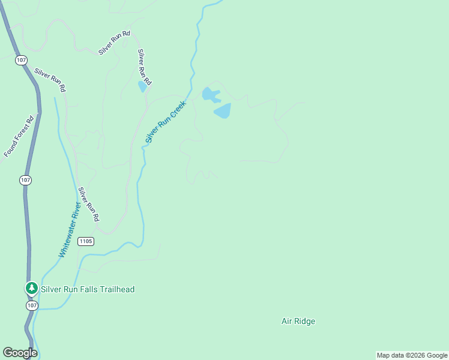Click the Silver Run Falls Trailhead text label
pyautogui.click(x=88, y=289)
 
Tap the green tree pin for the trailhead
pyautogui.click(x=31, y=289)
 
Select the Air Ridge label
pyautogui.click(x=298, y=321)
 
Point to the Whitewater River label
pyautogui.click(x=70, y=230)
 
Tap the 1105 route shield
pyautogui.click(x=86, y=241)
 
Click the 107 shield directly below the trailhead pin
pyautogui.click(x=32, y=305)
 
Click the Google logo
pyautogui.click(x=20, y=353)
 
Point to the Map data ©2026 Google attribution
pyautogui.click(x=412, y=355)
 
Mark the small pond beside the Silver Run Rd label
pyautogui.click(x=142, y=87)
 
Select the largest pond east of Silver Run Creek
pyautogui.click(x=222, y=110)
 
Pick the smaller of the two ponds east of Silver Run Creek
pyautogui.click(x=210, y=94)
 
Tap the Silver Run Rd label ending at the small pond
pyautogui.click(x=144, y=66)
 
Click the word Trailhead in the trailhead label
pyautogui.click(x=116, y=289)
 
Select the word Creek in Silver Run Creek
pyautogui.click(x=178, y=108)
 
